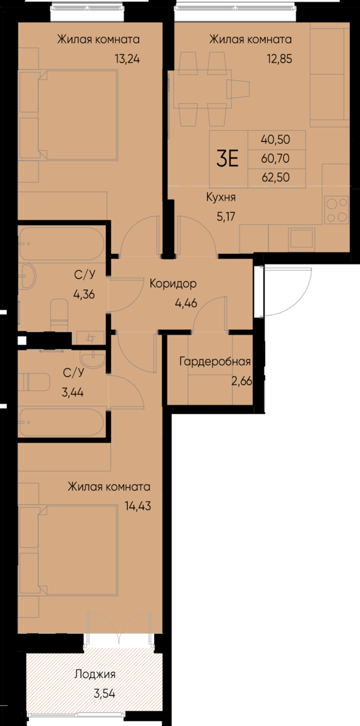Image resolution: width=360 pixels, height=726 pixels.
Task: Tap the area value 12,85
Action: pos(278,61)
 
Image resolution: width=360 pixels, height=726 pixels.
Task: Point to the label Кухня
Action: pos(221,197)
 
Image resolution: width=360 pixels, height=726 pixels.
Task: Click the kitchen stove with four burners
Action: pos(336,210)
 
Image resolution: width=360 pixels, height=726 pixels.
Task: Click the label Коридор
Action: pos(173,283)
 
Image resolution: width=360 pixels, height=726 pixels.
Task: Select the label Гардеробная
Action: pos(215,362)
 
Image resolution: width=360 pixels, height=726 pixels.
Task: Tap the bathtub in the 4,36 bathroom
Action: pos(61,244)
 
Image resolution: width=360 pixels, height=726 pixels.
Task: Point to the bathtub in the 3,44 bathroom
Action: pos(61,422)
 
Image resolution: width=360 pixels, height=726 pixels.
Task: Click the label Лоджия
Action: pos(95,674)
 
